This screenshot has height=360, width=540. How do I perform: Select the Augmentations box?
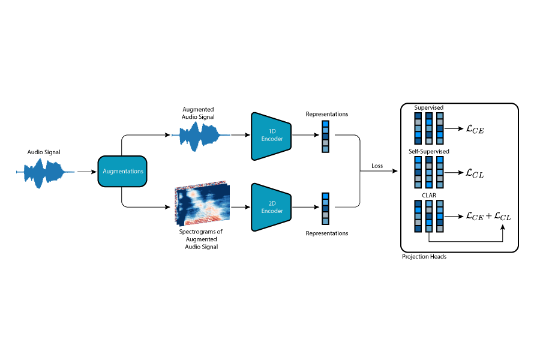(122, 172)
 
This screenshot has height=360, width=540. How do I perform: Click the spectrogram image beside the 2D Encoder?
(202, 204)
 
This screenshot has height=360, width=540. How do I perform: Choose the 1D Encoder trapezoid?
(271, 136)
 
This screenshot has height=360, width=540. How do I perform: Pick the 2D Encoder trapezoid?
(271, 207)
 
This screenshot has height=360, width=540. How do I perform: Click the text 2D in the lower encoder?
(272, 203)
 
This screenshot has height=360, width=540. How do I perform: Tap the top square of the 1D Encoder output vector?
(325, 124)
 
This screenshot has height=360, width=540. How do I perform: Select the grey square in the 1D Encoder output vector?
(325, 143)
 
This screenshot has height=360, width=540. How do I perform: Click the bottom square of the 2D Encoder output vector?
(325, 221)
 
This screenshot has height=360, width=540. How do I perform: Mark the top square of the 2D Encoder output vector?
(325, 196)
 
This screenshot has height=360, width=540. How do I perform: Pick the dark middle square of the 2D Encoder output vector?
(325, 209)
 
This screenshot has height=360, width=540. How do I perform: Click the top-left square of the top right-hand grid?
(418, 116)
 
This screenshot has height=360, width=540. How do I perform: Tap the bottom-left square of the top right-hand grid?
(418, 141)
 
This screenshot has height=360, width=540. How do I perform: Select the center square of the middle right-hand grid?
(429, 172)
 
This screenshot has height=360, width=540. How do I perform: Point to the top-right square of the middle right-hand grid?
(440, 160)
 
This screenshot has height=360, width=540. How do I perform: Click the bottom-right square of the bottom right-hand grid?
(440, 229)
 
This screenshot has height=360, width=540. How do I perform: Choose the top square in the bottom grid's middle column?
(429, 203)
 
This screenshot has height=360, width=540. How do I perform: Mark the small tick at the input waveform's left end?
(17, 172)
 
